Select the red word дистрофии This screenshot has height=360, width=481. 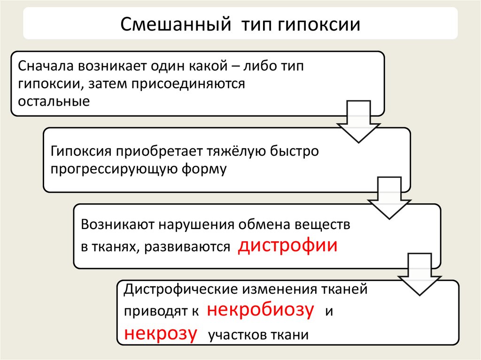pos(287,246)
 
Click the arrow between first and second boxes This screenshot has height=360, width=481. pos(359,121)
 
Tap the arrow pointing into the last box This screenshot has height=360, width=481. pos(419,275)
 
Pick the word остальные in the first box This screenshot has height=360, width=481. pos(54,101)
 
